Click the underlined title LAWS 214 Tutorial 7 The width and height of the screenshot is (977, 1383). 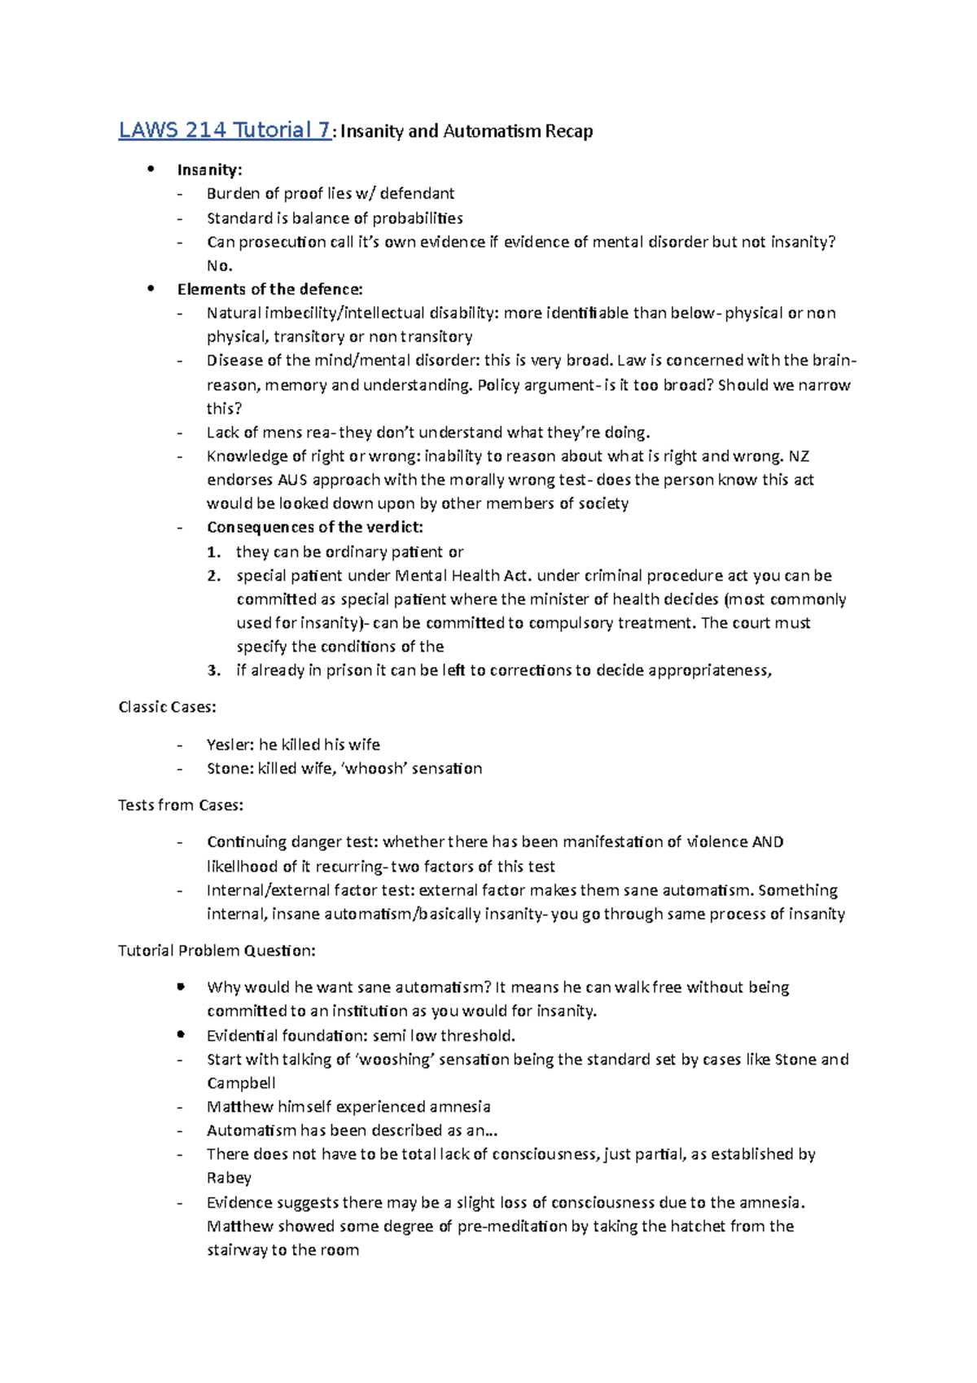coord(225,130)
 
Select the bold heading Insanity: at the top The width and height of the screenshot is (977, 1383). coord(209,169)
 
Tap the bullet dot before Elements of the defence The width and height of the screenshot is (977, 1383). coord(150,288)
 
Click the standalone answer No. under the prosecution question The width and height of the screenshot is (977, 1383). coord(219,266)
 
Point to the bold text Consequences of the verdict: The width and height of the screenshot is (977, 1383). coord(314,527)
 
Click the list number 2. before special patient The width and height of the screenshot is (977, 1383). coord(213,575)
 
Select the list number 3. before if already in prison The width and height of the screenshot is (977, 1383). coord(213,670)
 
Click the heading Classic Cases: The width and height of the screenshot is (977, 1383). coord(167,707)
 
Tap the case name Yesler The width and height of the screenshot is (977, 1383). coord(230,744)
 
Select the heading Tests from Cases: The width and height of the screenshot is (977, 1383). coord(181,805)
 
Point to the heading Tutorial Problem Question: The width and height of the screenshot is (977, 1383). coord(217,951)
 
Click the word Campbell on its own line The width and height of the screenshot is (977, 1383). coord(241,1083)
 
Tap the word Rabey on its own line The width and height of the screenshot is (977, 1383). coord(229,1178)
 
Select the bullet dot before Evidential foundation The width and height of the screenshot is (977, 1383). coord(181,1034)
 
